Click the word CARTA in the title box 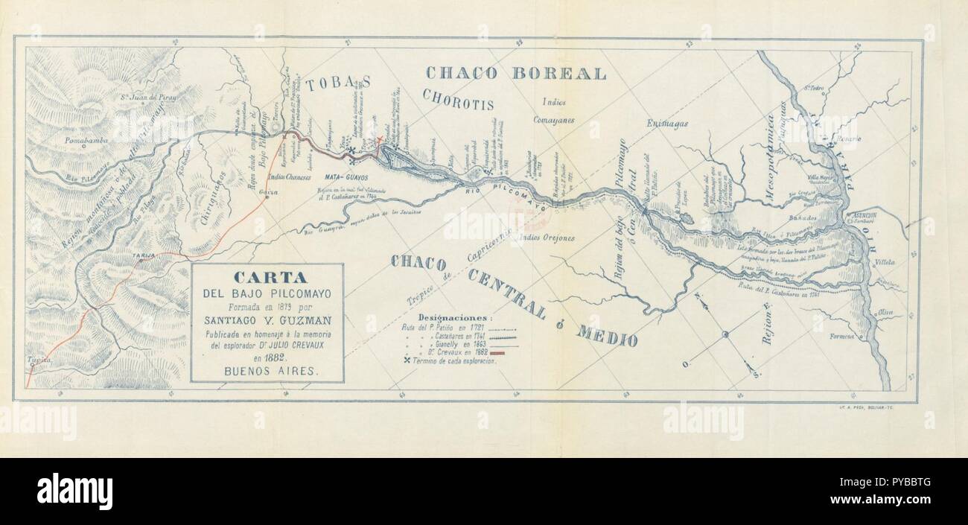266,276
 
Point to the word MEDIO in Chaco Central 605,335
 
